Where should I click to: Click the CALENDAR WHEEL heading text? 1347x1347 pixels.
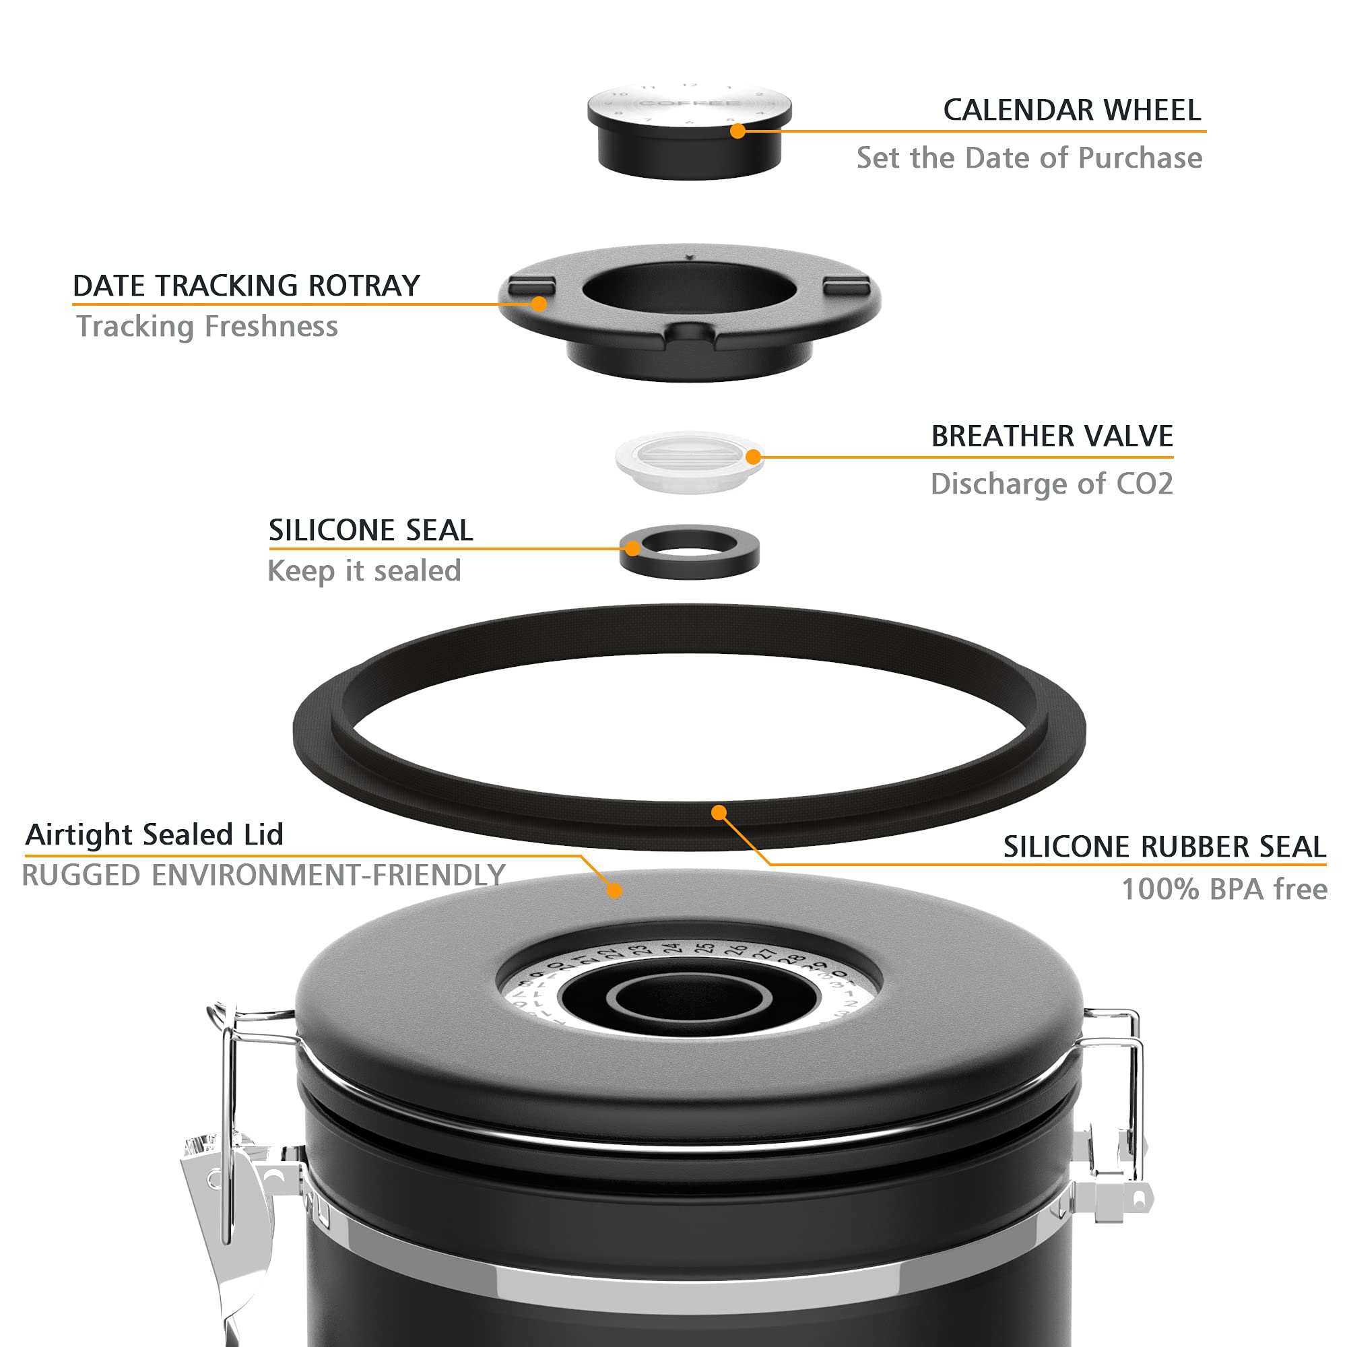(1072, 110)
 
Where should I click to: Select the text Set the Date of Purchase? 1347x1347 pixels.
(1029, 158)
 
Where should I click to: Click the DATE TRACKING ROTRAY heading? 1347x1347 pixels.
(246, 286)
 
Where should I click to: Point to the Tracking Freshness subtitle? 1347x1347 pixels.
(207, 326)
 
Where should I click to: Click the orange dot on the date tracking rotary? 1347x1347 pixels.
(538, 304)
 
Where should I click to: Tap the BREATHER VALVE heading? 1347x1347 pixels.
(1051, 436)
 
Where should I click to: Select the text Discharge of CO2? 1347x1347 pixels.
(1051, 484)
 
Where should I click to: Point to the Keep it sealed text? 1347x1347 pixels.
(364, 571)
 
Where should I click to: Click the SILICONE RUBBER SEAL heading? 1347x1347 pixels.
(1164, 847)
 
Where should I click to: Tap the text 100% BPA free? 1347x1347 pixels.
(1224, 890)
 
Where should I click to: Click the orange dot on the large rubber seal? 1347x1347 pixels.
(719, 812)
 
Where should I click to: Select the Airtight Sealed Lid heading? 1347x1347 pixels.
(154, 834)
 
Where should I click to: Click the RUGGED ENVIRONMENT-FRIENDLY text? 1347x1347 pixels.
(263, 876)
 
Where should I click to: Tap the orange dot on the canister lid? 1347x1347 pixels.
(614, 890)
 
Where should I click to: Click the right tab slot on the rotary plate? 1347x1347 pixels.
(846, 286)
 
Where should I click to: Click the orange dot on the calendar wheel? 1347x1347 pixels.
(737, 131)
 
